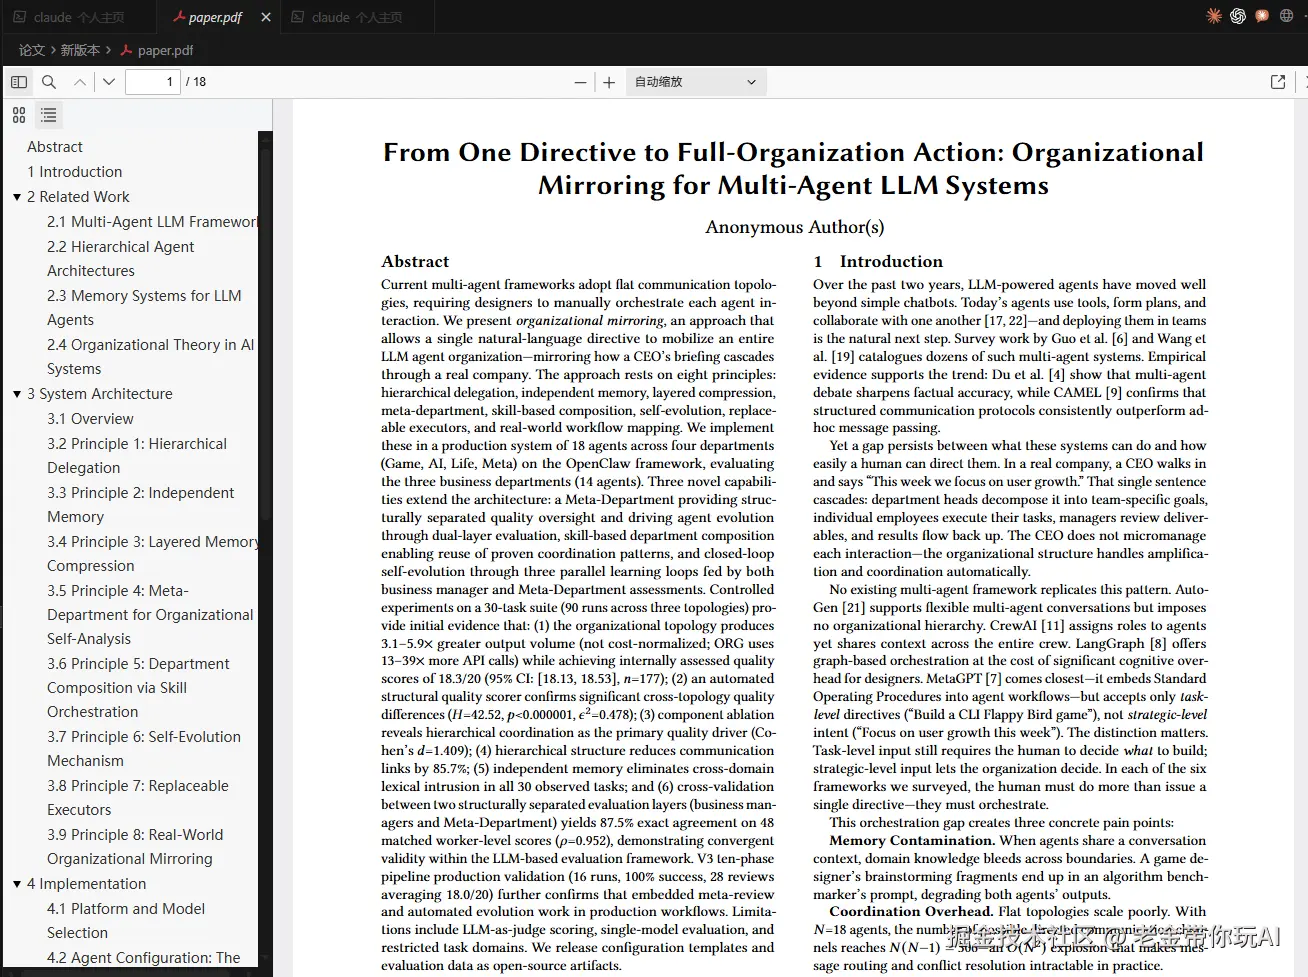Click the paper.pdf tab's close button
265,17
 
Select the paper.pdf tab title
215,17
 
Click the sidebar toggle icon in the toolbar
19,82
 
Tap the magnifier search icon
48,82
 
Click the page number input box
152,82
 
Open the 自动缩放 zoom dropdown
696,82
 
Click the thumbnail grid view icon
19,116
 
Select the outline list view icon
48,116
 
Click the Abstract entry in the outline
55,147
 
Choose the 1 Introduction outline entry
75,172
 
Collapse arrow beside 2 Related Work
17,197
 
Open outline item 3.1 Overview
90,419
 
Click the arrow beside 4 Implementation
17,884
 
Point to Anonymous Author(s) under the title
795,227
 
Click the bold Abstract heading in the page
415,262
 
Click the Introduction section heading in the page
890,262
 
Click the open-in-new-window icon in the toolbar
1277,82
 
